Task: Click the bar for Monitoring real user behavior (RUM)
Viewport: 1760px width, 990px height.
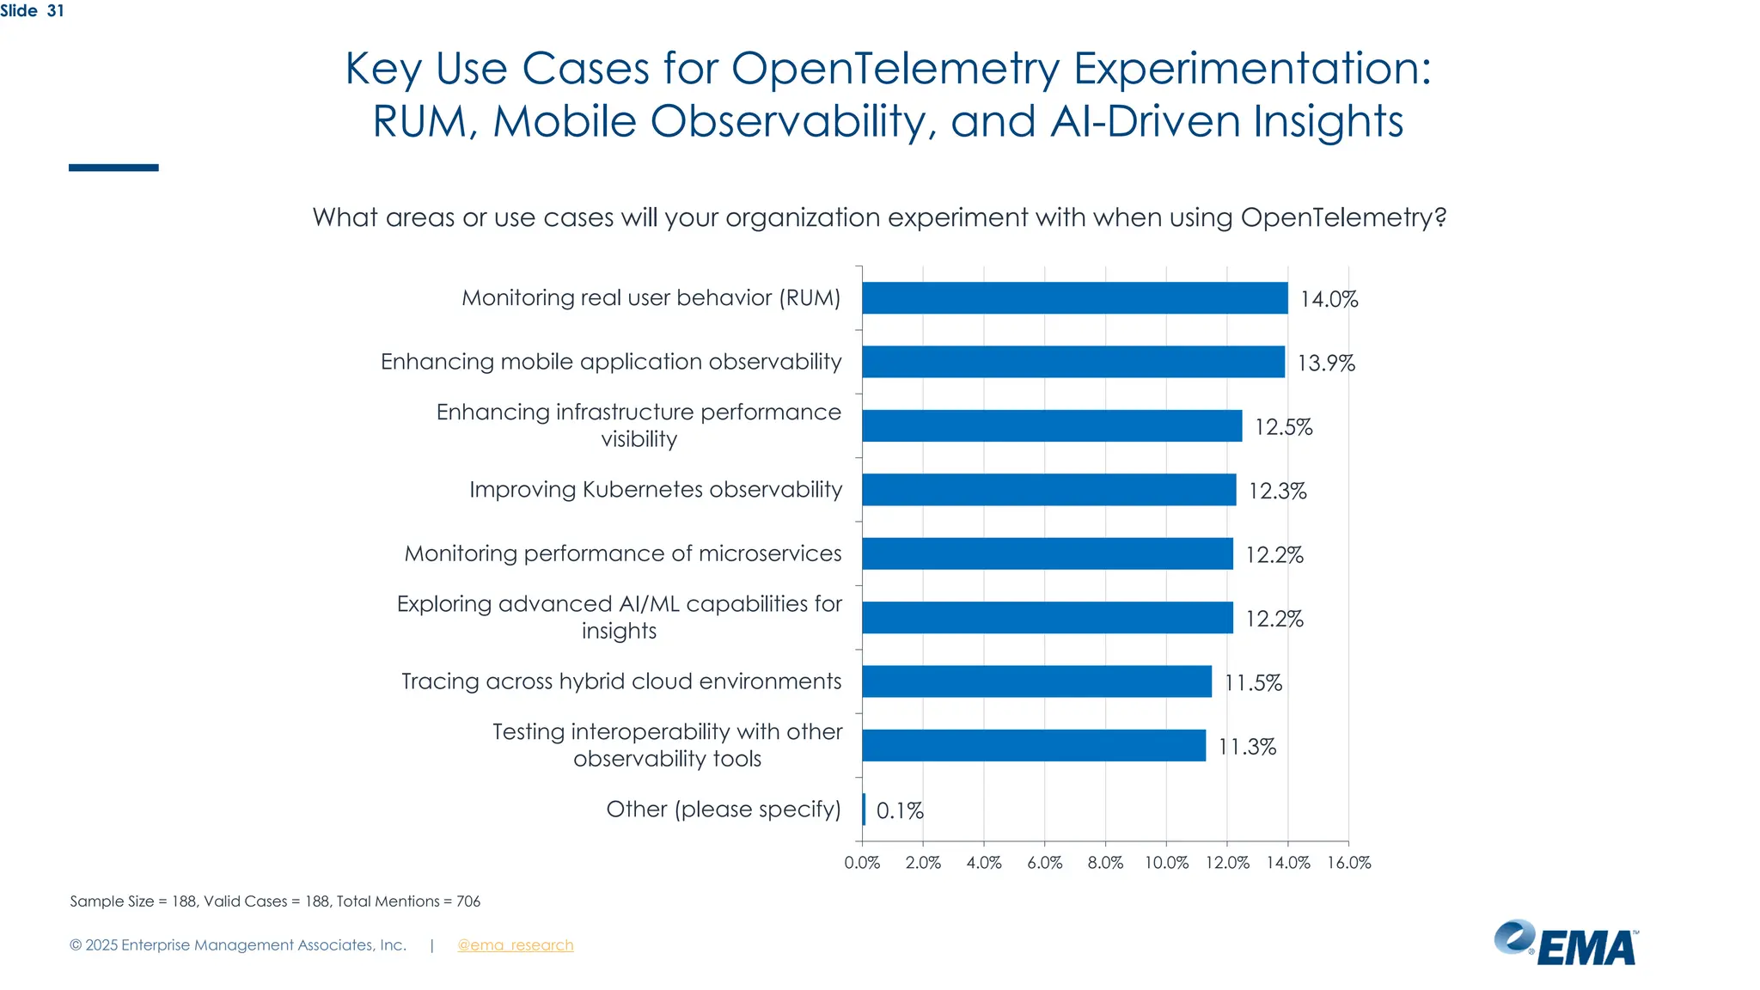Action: click(x=1074, y=298)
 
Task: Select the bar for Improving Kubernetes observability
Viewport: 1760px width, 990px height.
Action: click(x=1048, y=490)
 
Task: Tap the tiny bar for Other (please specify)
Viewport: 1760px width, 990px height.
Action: click(x=864, y=810)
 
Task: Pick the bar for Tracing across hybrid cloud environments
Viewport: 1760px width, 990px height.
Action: click(x=1036, y=681)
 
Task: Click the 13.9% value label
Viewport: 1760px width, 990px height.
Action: click(x=1325, y=364)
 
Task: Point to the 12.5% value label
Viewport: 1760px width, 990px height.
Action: click(x=1283, y=427)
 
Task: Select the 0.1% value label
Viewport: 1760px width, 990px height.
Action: click(x=899, y=810)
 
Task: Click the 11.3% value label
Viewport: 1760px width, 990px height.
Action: click(x=1246, y=747)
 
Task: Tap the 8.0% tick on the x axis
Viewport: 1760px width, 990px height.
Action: click(x=1105, y=863)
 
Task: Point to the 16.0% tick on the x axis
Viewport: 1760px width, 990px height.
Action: click(x=1348, y=863)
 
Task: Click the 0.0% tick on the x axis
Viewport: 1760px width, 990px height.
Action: click(x=862, y=863)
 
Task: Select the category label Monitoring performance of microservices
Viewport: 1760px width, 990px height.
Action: click(x=623, y=553)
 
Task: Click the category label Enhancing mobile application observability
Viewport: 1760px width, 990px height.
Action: click(x=611, y=362)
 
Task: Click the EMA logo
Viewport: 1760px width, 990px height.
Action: click(x=1566, y=944)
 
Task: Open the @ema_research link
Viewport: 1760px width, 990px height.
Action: click(x=515, y=945)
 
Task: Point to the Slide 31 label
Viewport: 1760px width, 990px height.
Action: click(x=32, y=10)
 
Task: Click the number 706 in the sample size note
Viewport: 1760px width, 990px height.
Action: click(x=468, y=901)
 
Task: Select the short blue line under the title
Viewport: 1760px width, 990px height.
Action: click(x=113, y=168)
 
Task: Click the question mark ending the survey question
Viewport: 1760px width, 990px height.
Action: click(x=1440, y=217)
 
